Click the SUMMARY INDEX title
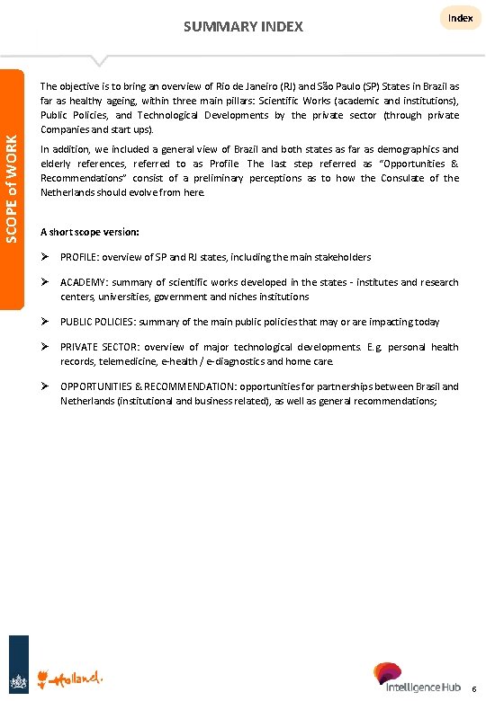243,26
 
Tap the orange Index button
460,18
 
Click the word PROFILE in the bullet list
81,257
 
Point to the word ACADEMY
84,282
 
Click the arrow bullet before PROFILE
46,257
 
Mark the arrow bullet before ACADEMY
46,282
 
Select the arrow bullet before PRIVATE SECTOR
46,347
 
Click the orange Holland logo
76,676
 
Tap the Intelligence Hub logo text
423,688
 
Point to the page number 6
474,689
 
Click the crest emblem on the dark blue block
18,676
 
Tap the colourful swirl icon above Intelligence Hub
388,672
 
